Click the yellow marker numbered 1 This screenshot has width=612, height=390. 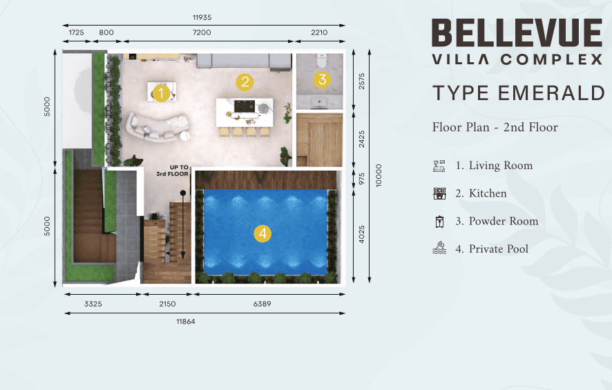[161, 93]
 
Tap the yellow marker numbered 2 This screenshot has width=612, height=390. [245, 82]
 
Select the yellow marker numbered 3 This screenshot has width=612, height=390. [322, 79]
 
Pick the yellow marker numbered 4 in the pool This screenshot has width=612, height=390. [262, 233]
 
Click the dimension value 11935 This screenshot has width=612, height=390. [202, 17]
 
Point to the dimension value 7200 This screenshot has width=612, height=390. [202, 32]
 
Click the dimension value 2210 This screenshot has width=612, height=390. [319, 32]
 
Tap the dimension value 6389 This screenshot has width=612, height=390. [262, 304]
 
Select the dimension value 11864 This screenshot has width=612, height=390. [186, 322]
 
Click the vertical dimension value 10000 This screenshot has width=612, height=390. [379, 175]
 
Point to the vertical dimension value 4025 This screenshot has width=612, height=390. [361, 234]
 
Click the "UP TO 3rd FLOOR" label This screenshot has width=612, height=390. [173, 170]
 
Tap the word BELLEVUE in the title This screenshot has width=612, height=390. [517, 32]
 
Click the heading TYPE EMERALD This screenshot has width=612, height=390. [519, 92]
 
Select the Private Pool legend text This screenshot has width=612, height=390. [499, 248]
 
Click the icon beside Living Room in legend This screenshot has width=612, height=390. [439, 166]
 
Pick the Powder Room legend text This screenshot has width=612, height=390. [504, 221]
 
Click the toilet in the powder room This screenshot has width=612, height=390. [321, 61]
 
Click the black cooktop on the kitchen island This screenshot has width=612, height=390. [244, 106]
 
